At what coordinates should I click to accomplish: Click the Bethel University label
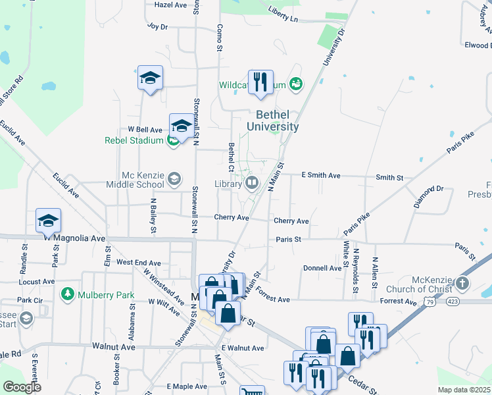[x=272, y=120]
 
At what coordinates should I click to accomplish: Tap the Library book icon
[x=251, y=183]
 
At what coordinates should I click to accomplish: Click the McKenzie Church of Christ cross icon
[x=462, y=284]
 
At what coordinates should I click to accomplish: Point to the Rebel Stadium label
[x=134, y=140]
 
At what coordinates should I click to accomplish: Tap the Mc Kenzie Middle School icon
[x=174, y=178]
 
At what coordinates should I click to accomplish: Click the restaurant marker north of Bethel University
[x=260, y=82]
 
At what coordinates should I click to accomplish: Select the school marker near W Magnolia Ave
[x=48, y=221]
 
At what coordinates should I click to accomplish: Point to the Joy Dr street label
[x=158, y=27]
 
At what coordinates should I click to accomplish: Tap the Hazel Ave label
[x=170, y=5]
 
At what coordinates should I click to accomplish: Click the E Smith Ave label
[x=320, y=176]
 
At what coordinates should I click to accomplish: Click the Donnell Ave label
[x=322, y=269]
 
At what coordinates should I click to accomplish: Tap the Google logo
[x=22, y=387]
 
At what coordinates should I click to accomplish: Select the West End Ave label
[x=139, y=263]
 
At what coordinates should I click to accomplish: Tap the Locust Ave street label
[x=37, y=282]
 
